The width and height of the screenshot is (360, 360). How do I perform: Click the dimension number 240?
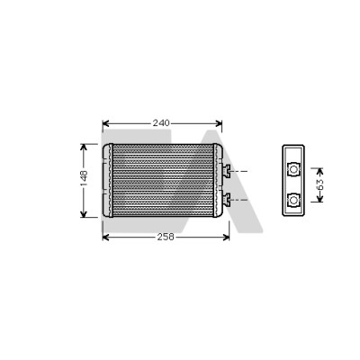[x=161, y=123]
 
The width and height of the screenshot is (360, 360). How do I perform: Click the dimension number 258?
[x=166, y=237]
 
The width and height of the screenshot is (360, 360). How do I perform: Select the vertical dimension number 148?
[x=84, y=178]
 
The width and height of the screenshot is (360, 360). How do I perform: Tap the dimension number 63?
[x=320, y=184]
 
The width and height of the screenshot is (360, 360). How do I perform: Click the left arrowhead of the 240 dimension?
[x=105, y=123]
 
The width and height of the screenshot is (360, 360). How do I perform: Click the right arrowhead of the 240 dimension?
[x=219, y=123]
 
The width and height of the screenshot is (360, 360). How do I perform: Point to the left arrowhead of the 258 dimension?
[x=105, y=238]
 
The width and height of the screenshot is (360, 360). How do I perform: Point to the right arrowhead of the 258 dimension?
[x=226, y=238]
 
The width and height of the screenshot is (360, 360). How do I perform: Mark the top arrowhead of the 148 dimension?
[x=84, y=147]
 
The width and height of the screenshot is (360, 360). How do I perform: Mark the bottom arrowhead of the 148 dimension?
[x=84, y=214]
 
